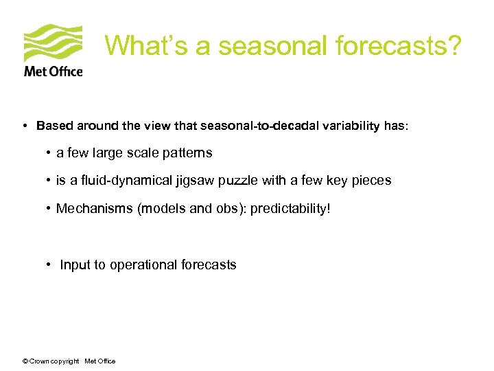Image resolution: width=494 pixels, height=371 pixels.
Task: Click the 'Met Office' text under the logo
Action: point(53,71)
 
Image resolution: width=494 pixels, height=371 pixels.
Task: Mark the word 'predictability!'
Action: point(290,208)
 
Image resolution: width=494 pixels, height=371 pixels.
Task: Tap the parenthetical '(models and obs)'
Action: point(192,208)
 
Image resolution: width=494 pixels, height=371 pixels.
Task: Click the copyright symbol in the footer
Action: point(25,361)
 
